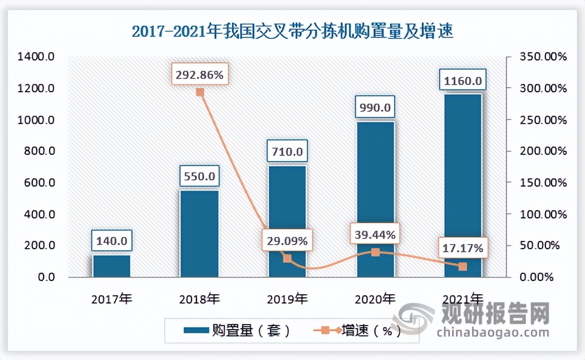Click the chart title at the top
292,32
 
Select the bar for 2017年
111,266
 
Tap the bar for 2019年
287,221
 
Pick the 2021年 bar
463,185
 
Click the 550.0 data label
200,176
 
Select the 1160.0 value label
462,81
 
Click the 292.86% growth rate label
200,75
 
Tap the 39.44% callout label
375,235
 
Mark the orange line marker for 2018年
200,92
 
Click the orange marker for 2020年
375,252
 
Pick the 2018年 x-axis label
200,298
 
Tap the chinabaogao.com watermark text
493,332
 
